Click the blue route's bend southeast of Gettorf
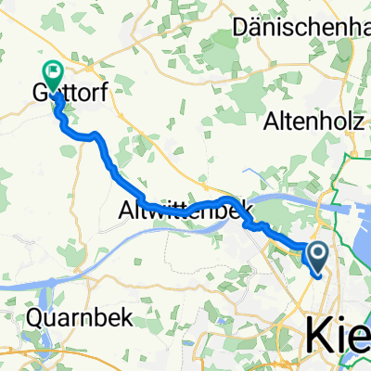[94, 137]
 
